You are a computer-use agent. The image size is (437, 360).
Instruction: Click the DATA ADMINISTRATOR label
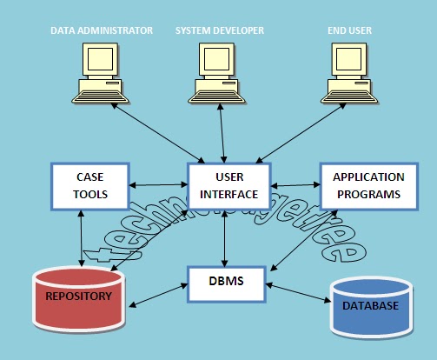[x=102, y=30]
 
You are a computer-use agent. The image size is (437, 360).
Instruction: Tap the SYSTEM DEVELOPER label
[x=220, y=30]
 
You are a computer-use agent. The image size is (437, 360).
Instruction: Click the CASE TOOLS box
[x=89, y=185]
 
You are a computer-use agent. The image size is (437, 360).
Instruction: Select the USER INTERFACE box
[x=225, y=185]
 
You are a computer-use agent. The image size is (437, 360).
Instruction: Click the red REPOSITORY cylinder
[x=77, y=299]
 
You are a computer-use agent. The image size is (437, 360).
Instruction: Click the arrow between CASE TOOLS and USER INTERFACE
[x=159, y=184]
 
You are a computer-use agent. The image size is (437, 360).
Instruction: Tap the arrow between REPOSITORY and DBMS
[x=158, y=295]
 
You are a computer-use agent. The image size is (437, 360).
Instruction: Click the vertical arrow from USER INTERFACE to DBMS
[x=225, y=237]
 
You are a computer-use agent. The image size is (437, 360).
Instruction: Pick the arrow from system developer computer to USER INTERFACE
[x=224, y=134]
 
